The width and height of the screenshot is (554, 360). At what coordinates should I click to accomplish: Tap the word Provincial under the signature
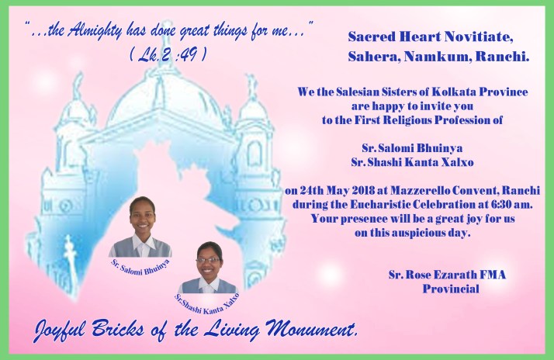451,289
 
